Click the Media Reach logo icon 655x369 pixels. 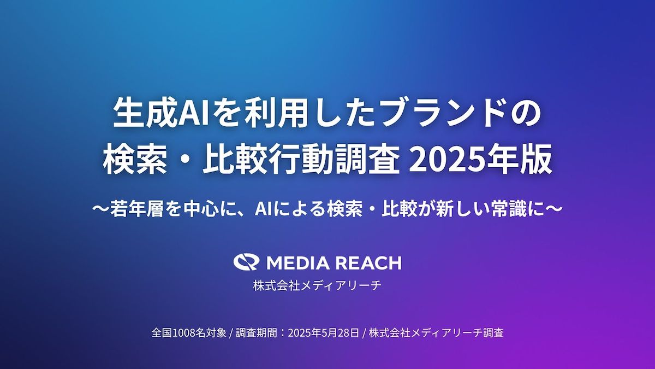(246, 262)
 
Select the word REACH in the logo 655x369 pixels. (368, 262)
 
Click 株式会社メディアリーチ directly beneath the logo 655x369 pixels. (317, 285)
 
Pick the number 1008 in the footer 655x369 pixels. (183, 333)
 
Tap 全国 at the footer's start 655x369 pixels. (162, 333)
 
